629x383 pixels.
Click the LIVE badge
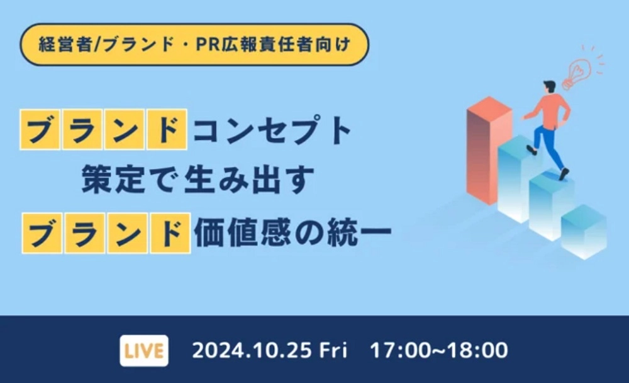tap(144, 351)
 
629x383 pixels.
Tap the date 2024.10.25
tap(252, 350)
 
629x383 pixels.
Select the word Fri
tap(333, 350)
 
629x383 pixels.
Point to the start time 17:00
tap(399, 350)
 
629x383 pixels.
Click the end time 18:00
tap(478, 350)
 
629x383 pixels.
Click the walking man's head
tap(550, 87)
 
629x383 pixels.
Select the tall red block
tap(487, 151)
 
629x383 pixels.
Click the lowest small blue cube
tap(584, 232)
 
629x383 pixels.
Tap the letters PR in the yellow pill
tap(208, 45)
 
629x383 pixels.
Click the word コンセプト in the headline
tap(272, 130)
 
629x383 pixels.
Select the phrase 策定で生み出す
tap(198, 180)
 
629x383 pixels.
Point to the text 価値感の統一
tap(292, 233)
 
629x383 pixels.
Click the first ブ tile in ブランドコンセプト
tap(40, 129)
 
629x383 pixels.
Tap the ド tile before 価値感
tap(170, 233)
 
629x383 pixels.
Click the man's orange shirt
tap(552, 111)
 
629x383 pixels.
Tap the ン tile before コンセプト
tap(124, 129)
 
